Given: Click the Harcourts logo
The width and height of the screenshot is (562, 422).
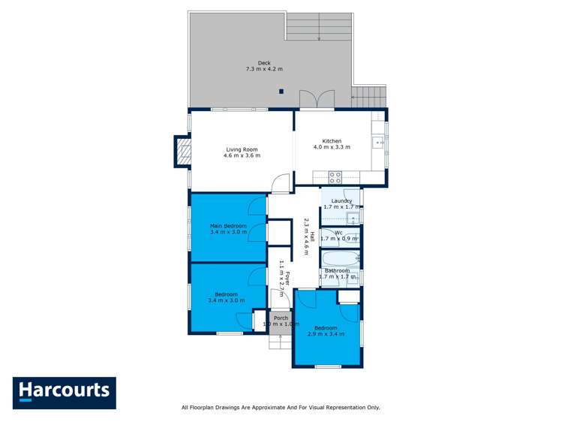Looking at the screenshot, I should [x=64, y=393].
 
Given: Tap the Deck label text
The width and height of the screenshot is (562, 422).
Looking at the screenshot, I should [x=264, y=62].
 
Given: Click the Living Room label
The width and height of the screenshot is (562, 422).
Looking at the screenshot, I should [x=242, y=149].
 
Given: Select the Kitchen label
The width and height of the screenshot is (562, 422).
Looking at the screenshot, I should [x=332, y=141].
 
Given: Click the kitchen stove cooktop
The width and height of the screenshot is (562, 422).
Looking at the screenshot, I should [x=335, y=178].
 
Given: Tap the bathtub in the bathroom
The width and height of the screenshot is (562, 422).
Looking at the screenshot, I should [x=340, y=259].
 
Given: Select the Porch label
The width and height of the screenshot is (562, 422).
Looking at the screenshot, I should [x=281, y=318].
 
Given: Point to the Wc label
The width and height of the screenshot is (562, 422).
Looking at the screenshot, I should [x=338, y=233].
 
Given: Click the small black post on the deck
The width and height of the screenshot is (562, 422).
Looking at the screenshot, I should [x=281, y=92].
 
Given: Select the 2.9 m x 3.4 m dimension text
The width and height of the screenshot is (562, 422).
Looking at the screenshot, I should [x=326, y=334].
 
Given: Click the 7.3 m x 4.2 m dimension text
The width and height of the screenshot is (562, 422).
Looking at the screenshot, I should [x=264, y=69].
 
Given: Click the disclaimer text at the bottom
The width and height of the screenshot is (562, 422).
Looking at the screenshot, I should [x=281, y=407].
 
